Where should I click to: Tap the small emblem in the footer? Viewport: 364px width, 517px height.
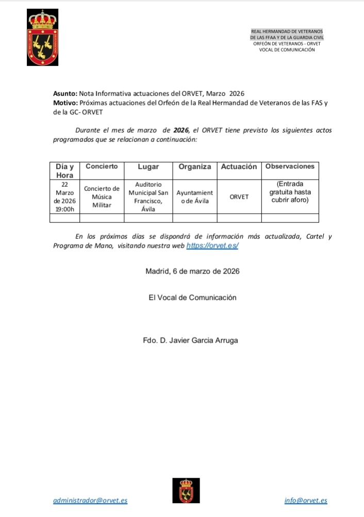(186, 490)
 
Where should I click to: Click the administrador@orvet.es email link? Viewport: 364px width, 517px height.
(90, 500)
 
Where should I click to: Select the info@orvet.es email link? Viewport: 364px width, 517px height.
(306, 500)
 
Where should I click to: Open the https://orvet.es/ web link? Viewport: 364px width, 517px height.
(212, 246)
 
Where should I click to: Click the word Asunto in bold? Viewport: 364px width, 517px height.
(64, 93)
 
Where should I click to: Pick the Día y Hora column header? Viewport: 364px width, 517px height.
(64, 171)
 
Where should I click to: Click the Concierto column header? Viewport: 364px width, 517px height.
(102, 167)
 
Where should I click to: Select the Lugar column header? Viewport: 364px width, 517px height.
(148, 167)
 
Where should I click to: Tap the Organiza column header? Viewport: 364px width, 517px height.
(194, 167)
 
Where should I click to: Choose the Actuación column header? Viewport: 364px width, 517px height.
(239, 167)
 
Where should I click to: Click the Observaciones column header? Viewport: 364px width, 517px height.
(289, 166)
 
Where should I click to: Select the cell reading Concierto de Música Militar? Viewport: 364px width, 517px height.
(102, 197)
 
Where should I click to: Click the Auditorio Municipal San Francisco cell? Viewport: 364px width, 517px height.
(148, 197)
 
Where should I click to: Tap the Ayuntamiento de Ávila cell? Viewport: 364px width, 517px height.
(194, 197)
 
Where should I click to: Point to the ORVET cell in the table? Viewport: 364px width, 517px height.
(239, 197)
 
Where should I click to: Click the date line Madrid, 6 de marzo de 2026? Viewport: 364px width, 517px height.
(192, 271)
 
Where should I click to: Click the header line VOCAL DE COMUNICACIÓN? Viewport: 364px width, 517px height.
(287, 50)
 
